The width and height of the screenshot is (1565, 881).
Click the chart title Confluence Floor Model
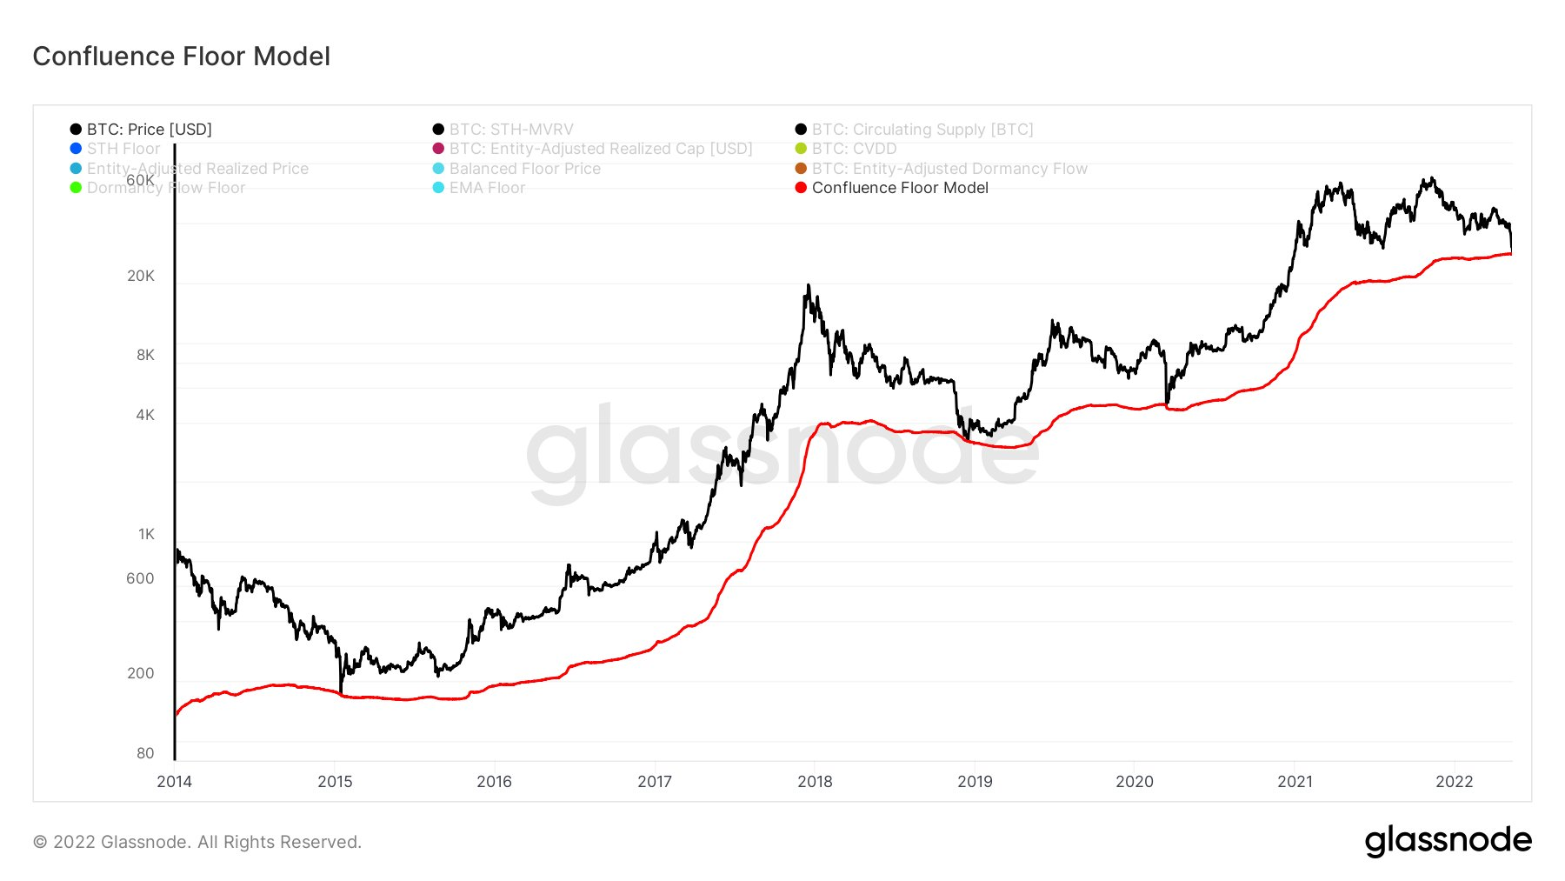click(x=181, y=57)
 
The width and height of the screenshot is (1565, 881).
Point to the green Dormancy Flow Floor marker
click(x=76, y=188)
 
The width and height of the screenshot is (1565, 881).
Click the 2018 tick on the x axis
click(x=815, y=781)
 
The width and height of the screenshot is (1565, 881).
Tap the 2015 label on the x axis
click(x=335, y=781)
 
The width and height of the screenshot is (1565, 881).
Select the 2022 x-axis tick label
click(x=1454, y=781)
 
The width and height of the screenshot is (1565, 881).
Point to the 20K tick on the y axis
click(x=141, y=276)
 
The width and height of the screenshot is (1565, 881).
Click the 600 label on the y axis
click(x=140, y=578)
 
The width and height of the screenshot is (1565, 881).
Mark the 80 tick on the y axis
click(x=145, y=753)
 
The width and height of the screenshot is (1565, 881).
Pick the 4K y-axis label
click(x=145, y=415)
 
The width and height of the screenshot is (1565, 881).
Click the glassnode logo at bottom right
click(x=1448, y=840)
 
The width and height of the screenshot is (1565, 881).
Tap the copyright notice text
click(x=197, y=842)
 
